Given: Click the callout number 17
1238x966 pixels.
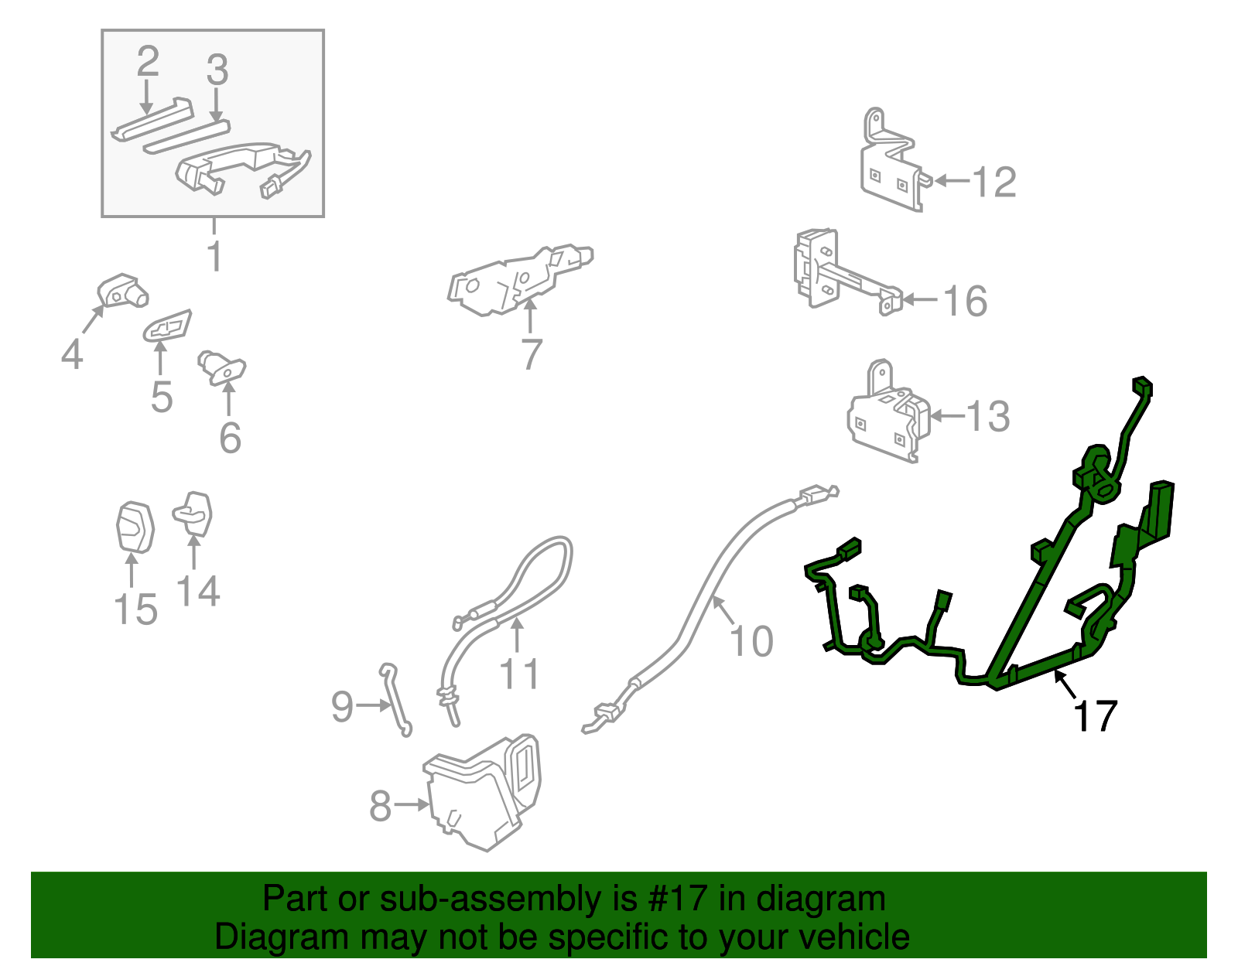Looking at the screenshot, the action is [x=1094, y=715].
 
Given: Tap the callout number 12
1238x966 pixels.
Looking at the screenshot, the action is [x=993, y=183].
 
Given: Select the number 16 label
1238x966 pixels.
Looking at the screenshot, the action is [x=965, y=301].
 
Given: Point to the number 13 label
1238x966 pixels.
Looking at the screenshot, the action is [x=988, y=417].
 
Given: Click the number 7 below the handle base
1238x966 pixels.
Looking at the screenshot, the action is [x=532, y=354].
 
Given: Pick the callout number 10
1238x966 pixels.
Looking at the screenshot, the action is [x=751, y=641].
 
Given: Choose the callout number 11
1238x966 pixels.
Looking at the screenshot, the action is [x=518, y=674].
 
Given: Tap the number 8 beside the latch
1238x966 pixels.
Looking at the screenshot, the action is [x=381, y=805].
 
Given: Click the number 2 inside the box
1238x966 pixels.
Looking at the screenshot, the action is [x=148, y=61].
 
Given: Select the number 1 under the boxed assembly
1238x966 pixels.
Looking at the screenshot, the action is [x=215, y=256].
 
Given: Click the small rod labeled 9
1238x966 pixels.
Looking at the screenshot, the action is [x=395, y=700].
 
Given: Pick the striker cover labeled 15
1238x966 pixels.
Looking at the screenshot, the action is [x=135, y=527].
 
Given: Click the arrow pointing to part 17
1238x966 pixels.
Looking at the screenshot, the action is [x=1064, y=684].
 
